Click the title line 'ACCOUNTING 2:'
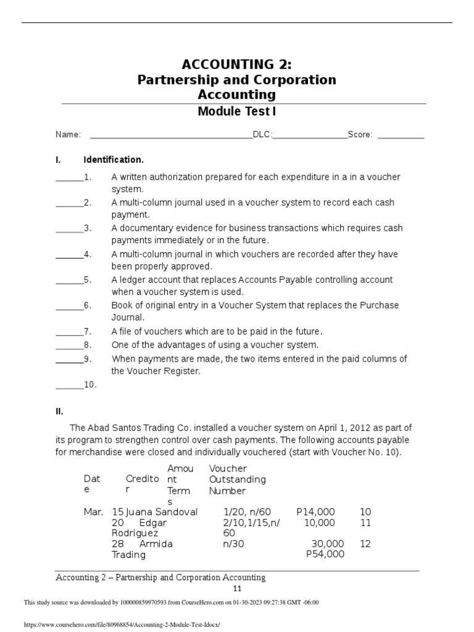[236, 65]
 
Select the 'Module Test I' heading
[236, 112]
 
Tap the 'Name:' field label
[68, 135]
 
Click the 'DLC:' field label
[262, 135]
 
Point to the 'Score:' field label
[360, 135]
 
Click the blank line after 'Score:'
[401, 136]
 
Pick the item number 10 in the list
[90, 385]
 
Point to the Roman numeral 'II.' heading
[60, 410]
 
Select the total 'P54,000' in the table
[325, 554]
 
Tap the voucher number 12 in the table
[365, 543]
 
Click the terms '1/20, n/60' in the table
[247, 512]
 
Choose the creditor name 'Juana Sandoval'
[161, 512]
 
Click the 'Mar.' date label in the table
[93, 512]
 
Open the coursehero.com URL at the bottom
[121, 625]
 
